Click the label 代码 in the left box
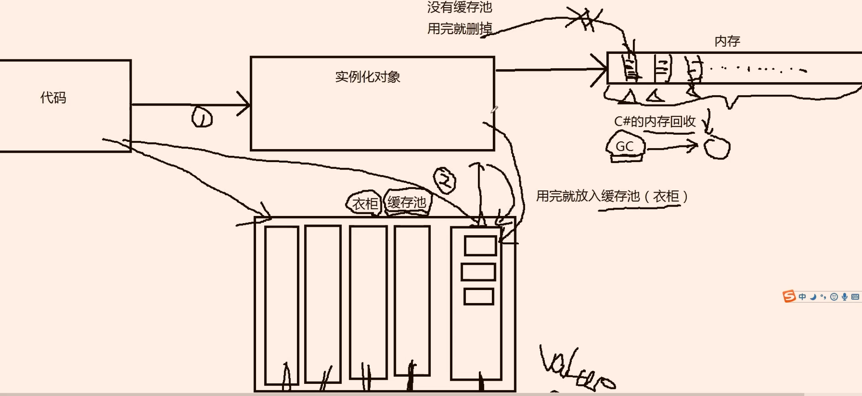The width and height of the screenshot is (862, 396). click(53, 97)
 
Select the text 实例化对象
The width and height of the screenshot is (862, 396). click(367, 77)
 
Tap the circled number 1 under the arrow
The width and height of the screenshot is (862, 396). click(202, 117)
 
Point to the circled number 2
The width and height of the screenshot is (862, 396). click(445, 180)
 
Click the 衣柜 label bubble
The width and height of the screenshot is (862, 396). click(364, 203)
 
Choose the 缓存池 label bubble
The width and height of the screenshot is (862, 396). click(407, 202)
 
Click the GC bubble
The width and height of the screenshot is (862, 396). click(625, 146)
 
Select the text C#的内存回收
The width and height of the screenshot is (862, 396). click(654, 121)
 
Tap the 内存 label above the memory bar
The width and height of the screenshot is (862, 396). click(727, 41)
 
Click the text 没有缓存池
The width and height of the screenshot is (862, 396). click(459, 7)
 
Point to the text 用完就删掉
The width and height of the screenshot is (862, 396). click(459, 29)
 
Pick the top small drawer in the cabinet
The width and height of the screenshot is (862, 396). click(480, 246)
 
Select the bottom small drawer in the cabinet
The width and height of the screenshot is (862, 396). click(478, 297)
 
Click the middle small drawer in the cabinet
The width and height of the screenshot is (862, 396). click(478, 272)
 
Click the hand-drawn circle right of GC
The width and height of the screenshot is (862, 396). click(717, 148)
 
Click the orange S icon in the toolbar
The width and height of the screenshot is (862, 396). click(789, 296)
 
